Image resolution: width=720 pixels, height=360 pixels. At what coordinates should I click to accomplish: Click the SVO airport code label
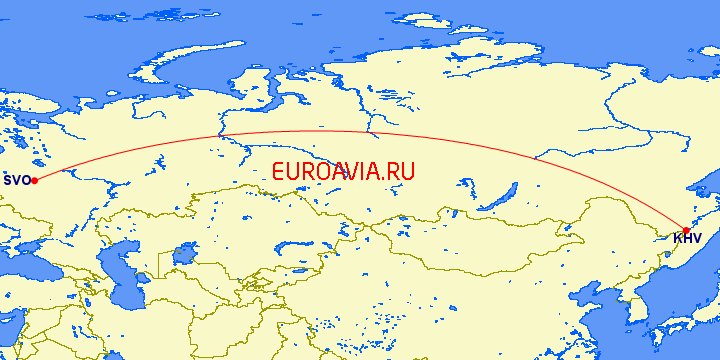(x=16, y=181)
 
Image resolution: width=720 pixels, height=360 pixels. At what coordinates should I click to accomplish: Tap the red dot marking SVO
(x=35, y=180)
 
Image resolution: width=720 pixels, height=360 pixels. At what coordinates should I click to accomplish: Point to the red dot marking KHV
(x=686, y=230)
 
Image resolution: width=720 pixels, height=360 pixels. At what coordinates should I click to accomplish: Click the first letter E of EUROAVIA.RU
(x=279, y=171)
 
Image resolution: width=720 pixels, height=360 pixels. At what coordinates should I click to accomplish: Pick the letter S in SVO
(x=8, y=181)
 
